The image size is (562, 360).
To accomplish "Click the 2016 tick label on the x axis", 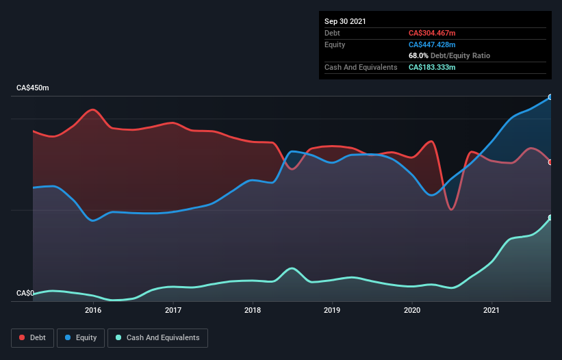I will click(x=93, y=310).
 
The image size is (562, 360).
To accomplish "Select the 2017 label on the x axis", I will click(x=173, y=310).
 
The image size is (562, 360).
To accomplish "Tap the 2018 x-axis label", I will click(x=253, y=310).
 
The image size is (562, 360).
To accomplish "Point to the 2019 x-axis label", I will click(x=332, y=310).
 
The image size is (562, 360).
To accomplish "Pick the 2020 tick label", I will click(x=412, y=310).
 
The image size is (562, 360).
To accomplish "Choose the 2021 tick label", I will click(x=491, y=310).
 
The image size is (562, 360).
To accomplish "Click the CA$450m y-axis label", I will click(x=33, y=88).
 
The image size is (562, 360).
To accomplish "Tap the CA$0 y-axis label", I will click(x=25, y=293).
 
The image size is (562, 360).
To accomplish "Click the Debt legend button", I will click(x=34, y=337).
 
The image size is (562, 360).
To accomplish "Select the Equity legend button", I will click(x=81, y=337).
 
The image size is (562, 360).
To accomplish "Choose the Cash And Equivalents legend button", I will click(x=157, y=337).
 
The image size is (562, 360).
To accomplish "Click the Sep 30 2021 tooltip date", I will click(x=345, y=21).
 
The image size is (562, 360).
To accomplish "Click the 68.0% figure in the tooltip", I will click(x=418, y=55).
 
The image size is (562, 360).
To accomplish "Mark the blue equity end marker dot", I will click(x=550, y=97).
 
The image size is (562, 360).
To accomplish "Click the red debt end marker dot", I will click(x=550, y=162).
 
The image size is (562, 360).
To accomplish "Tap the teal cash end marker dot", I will click(x=550, y=218).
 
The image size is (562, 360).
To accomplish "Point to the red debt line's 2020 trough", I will click(x=451, y=209).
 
